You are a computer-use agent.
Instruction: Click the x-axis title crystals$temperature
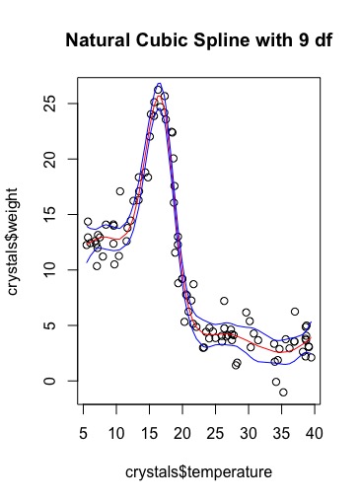click(197, 473)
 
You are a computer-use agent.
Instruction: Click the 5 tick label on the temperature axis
click(84, 434)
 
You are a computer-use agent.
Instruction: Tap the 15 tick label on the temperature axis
click(150, 434)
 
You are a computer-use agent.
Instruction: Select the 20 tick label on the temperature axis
click(183, 434)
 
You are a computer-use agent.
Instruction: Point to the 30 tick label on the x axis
click(250, 434)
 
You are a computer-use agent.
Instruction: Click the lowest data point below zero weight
click(283, 393)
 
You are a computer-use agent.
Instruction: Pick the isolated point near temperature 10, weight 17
click(119, 191)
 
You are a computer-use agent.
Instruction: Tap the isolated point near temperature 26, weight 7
click(224, 301)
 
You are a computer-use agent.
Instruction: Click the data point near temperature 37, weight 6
click(295, 312)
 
